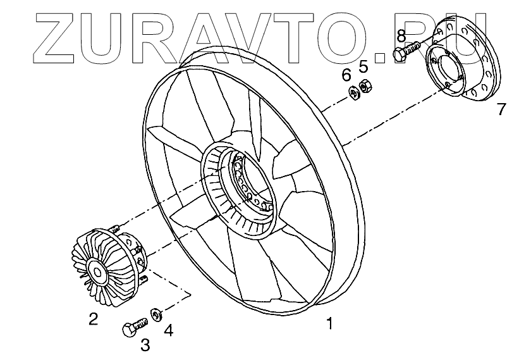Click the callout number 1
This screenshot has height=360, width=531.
point(329,324)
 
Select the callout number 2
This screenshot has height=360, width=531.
point(93,319)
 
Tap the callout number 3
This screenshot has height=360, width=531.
point(145,345)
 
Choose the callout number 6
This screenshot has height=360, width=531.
point(346,75)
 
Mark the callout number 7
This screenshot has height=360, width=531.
point(501,109)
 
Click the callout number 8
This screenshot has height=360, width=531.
point(401,35)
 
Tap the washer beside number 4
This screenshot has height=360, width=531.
point(156,313)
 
